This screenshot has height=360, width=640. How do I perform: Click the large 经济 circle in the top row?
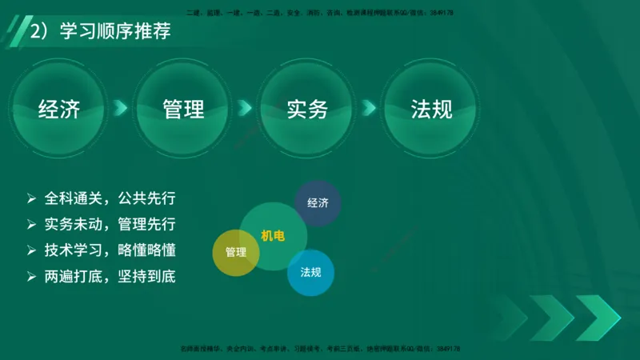point(59,108)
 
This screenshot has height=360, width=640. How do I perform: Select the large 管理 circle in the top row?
point(183,108)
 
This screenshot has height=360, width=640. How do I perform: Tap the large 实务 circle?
point(308,108)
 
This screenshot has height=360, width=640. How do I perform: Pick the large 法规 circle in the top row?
point(431,108)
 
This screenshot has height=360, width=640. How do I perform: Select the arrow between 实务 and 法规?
point(369,107)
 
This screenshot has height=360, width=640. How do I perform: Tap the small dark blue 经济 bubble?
point(318,202)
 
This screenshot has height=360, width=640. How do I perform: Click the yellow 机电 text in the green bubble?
point(272,236)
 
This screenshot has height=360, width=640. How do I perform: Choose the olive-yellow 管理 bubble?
point(236,253)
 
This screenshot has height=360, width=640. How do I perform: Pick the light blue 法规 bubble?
point(310,272)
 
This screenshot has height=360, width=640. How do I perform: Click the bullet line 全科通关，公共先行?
point(110,198)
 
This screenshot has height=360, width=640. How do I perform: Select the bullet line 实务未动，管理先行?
point(110,224)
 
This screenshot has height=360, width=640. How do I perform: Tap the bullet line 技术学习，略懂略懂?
point(110,250)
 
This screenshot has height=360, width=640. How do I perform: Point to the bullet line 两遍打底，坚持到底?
point(110,277)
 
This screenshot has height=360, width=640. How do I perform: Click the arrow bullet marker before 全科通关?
point(31,198)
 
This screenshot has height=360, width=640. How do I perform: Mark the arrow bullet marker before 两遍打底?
point(31,277)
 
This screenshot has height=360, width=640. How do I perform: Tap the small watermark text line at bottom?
point(319,350)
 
